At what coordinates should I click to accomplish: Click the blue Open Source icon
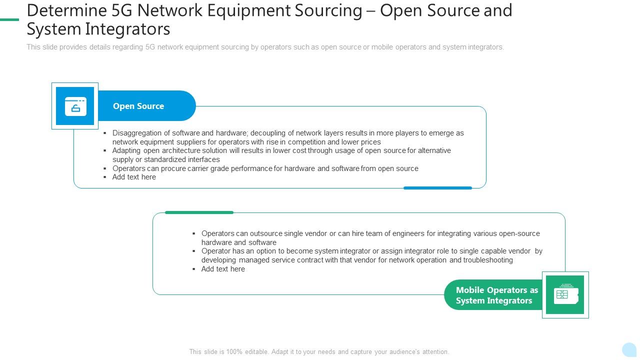pos(75,106)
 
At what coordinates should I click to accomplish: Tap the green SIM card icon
pos(565,294)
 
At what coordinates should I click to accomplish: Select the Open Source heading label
pos(138,106)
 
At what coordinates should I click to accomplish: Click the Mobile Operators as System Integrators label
pos(496,295)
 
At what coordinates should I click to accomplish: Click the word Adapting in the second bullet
pos(126,150)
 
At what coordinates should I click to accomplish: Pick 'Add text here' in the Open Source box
pos(134,177)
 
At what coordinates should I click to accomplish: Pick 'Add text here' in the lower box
pos(223,269)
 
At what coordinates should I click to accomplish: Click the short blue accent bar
pos(437,188)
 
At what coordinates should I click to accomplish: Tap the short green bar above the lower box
pos(199,212)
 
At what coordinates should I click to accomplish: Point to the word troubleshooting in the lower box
pos(488,260)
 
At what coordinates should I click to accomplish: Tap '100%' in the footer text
pos(234,352)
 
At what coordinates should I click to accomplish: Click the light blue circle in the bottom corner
pos(629,349)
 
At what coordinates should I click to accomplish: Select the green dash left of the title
pos(9,19)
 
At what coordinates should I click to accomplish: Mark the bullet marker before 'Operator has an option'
pos(194,251)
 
